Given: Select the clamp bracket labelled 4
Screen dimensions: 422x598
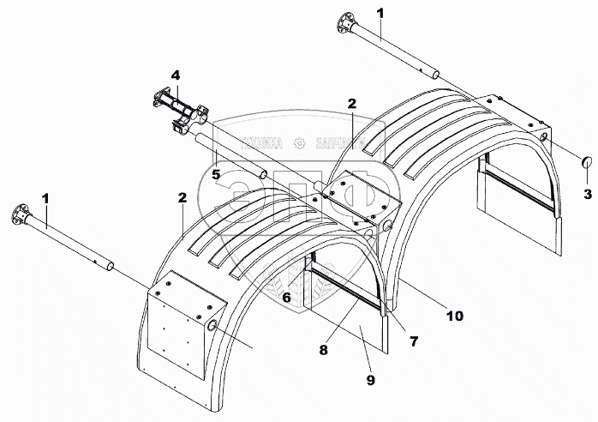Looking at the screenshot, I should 179,112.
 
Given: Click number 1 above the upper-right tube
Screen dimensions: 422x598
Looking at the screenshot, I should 380,13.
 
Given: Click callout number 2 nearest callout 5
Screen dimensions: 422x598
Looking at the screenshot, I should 182,197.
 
